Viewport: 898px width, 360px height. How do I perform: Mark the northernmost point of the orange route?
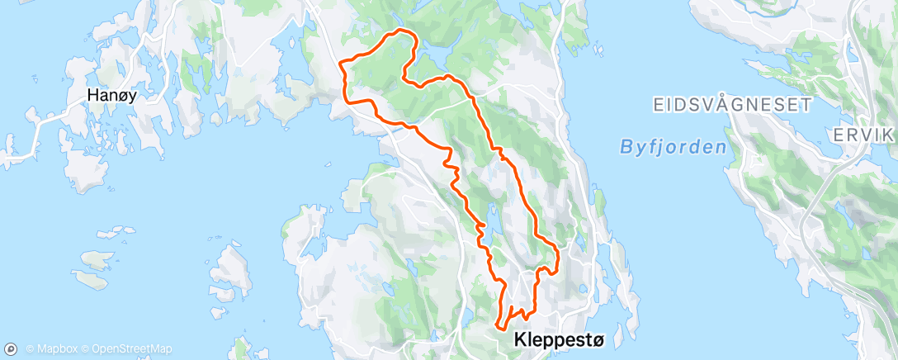point(402,31)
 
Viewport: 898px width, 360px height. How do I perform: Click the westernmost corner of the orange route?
point(340,62)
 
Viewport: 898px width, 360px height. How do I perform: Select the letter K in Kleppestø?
point(519,339)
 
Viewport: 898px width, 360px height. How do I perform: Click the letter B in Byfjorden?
point(624,148)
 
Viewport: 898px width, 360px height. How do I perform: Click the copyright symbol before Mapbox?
point(30,349)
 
